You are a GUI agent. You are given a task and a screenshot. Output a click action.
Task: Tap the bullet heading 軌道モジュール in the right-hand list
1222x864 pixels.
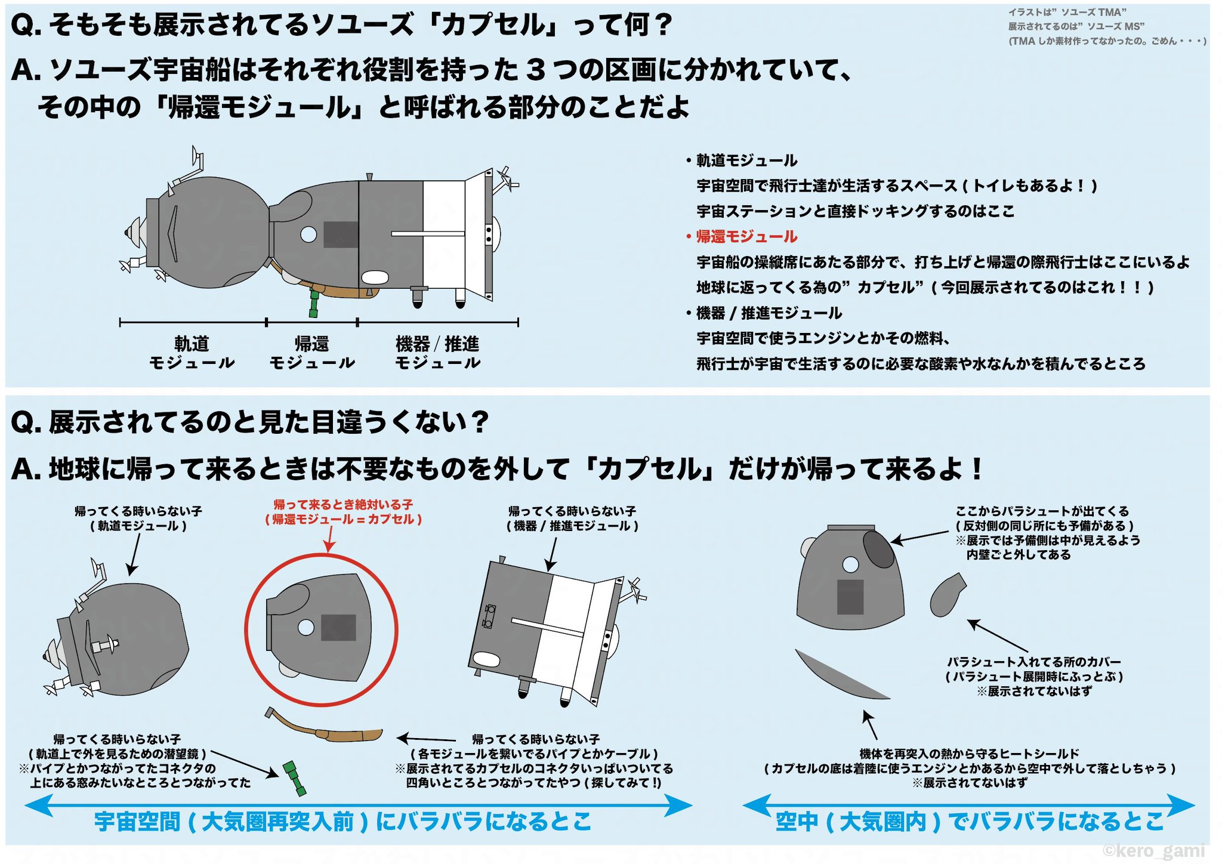[746, 161]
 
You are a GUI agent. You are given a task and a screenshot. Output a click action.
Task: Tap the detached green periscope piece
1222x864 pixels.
[294, 777]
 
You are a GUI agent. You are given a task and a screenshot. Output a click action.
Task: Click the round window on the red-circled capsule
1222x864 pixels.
[306, 627]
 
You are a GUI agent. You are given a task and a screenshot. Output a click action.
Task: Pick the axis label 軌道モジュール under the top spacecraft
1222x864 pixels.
[192, 353]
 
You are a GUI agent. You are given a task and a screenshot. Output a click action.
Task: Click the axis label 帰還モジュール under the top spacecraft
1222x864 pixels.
[311, 353]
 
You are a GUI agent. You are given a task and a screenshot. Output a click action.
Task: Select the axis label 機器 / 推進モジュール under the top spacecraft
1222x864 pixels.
[437, 353]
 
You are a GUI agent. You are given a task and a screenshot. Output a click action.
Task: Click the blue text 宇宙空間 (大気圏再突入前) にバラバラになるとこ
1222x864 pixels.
[343, 822]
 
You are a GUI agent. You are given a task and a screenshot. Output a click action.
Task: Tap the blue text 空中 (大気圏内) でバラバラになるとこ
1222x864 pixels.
[970, 822]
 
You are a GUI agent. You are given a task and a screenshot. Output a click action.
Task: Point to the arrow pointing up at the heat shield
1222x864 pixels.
[871, 724]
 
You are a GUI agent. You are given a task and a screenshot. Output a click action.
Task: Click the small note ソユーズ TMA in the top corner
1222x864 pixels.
[1067, 13]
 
